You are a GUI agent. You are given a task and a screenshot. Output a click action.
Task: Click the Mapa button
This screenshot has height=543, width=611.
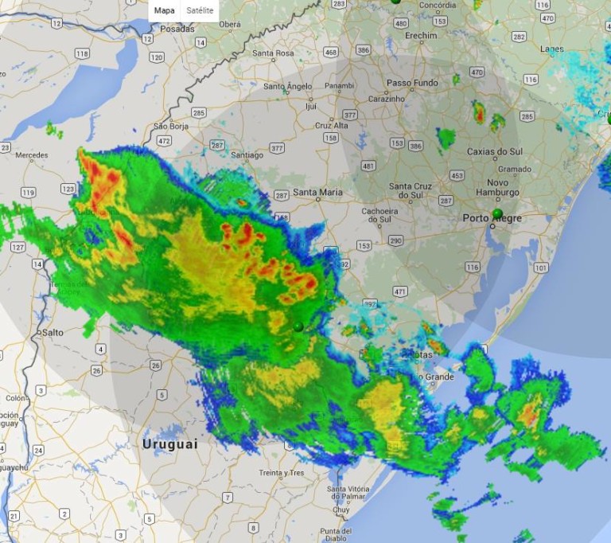[x=164, y=11]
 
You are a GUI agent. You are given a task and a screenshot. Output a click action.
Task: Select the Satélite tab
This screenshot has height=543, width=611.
[x=200, y=11]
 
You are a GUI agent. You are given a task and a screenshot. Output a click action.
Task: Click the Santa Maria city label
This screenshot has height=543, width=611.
[x=317, y=192]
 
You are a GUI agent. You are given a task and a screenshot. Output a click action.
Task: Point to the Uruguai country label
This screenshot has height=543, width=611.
[x=169, y=444]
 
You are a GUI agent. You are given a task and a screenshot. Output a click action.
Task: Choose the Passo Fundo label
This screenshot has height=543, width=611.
[x=412, y=83]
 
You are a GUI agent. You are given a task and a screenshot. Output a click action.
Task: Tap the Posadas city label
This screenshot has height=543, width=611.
[x=177, y=29]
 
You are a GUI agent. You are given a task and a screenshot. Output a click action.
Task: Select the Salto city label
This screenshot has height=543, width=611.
[x=53, y=332]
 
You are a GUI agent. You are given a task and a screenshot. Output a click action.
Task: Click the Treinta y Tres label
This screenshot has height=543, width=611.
[x=282, y=473]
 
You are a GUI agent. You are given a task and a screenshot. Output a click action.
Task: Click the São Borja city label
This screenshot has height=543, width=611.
[x=170, y=126]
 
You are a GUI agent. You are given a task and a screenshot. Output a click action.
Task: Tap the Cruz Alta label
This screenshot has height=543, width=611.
[x=332, y=126]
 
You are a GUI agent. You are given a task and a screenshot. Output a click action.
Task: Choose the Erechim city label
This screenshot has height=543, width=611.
[x=421, y=36]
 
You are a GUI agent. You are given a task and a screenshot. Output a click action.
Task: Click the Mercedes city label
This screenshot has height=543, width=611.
[x=31, y=154]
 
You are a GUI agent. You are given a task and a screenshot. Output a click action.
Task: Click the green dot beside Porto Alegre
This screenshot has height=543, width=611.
[x=497, y=213]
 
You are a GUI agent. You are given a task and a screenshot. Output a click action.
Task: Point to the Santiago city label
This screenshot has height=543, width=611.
[x=247, y=155]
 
